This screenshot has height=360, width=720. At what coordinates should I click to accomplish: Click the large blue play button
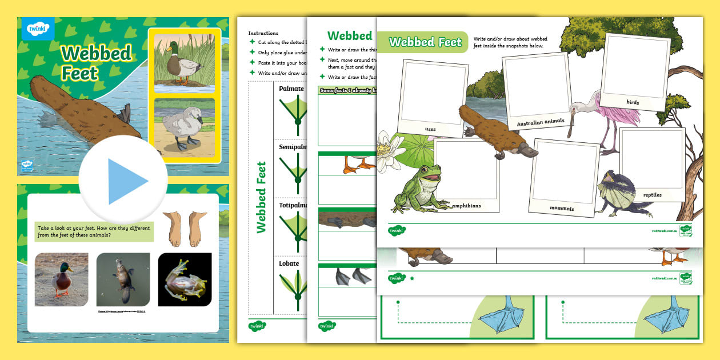click(123, 181)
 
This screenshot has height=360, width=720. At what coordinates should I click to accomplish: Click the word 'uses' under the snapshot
click(430, 129)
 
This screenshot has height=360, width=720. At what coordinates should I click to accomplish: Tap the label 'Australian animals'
click(540, 121)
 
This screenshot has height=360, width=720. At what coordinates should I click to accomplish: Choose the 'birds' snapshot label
click(633, 102)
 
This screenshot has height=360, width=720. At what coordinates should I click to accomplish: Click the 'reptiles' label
click(652, 195)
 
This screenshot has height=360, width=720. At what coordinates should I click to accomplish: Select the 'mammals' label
click(562, 209)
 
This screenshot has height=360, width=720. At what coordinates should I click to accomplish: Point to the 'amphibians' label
click(466, 205)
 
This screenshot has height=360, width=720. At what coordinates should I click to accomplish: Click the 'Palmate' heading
click(291, 89)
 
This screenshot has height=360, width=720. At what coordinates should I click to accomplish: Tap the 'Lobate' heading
click(290, 263)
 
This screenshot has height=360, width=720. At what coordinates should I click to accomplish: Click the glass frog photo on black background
click(185, 279)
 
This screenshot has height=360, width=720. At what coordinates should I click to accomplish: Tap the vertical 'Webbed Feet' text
click(262, 197)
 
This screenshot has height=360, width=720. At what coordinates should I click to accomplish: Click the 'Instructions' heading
click(263, 33)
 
